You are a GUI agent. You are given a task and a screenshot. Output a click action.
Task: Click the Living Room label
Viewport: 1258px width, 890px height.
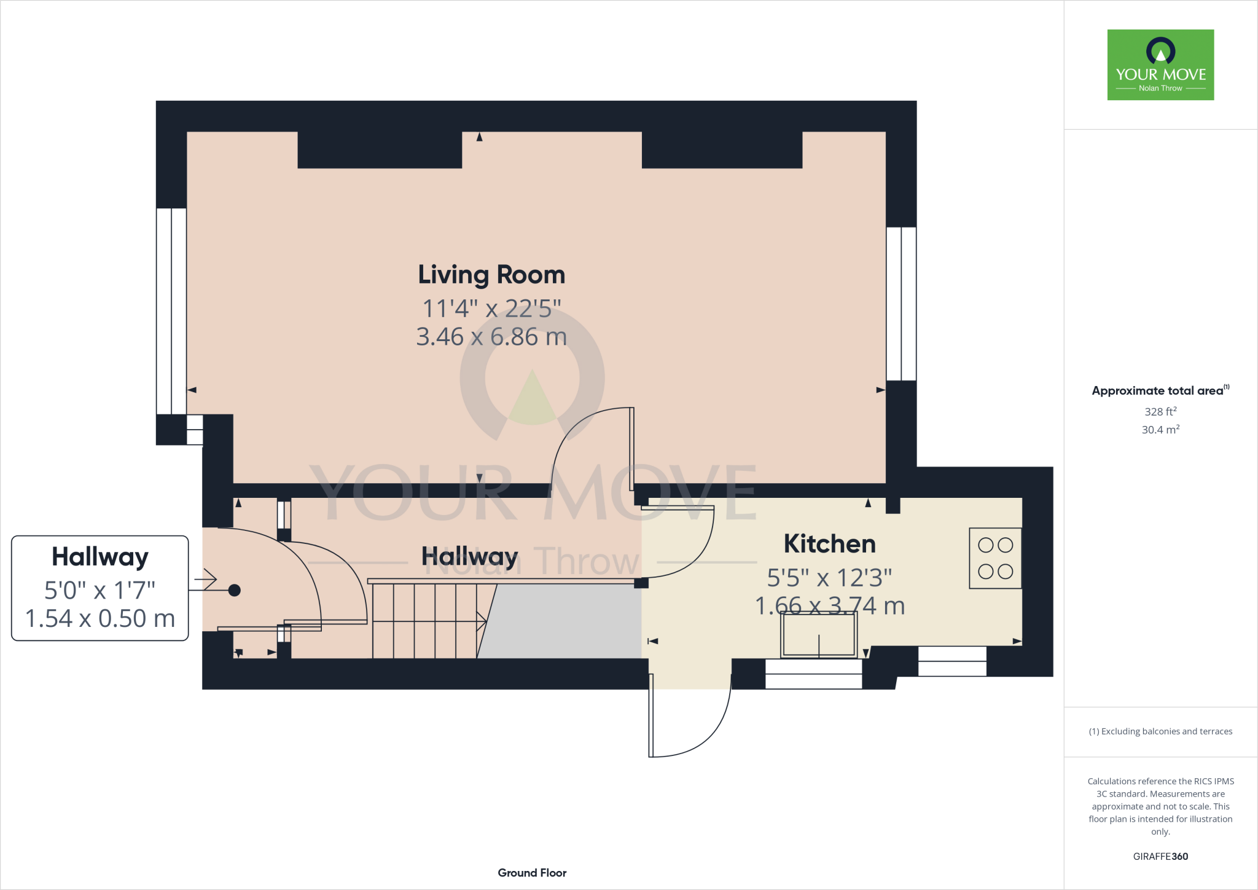click(491, 275)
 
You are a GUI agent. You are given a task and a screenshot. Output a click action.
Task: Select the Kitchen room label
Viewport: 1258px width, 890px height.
click(829, 544)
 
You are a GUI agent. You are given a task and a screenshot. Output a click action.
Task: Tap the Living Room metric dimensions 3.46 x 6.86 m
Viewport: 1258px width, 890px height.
click(491, 337)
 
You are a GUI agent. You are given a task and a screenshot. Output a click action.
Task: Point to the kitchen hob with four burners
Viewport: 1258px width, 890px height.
click(995, 558)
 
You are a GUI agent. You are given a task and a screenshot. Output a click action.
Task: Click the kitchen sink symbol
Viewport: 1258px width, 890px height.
click(818, 635)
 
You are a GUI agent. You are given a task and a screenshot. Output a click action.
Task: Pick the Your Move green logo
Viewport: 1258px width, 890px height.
click(1160, 65)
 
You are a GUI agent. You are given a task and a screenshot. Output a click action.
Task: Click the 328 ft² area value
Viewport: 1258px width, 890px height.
click(1160, 411)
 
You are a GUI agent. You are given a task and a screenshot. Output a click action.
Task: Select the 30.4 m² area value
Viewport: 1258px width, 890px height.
click(1160, 430)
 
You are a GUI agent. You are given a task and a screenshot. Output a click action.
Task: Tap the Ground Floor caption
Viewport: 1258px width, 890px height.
click(532, 873)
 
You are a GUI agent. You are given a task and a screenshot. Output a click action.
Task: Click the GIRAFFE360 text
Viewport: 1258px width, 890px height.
click(1160, 856)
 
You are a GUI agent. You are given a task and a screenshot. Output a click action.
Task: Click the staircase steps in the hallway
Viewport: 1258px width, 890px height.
click(424, 621)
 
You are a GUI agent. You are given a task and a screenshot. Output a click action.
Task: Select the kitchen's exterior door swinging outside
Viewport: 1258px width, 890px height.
click(688, 719)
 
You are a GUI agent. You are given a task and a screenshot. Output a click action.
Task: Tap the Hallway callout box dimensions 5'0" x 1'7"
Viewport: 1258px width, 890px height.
click(100, 590)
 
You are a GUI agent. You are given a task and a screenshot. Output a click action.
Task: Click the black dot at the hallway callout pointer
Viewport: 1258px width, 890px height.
click(234, 590)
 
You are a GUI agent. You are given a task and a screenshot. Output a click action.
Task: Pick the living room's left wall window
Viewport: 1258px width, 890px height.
click(171, 311)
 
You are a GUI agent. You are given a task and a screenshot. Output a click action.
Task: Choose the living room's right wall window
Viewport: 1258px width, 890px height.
click(901, 304)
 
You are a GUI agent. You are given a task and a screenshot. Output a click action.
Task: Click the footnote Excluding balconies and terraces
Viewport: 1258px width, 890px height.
click(1160, 731)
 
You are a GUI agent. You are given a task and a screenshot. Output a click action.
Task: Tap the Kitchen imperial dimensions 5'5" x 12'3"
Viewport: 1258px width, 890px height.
click(829, 578)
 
